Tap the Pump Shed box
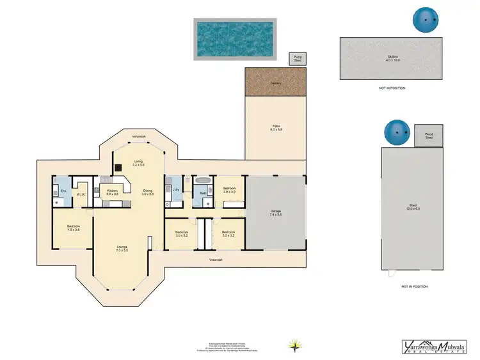click(297, 59)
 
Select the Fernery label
click(276, 82)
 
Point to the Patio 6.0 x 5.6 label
click(276, 129)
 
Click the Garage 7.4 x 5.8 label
click(276, 212)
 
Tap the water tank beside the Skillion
click(424, 20)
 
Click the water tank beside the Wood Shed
click(396, 132)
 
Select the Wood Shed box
click(429, 136)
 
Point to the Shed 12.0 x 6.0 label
click(413, 207)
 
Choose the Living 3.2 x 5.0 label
click(138, 163)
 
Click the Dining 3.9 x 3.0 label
click(148, 192)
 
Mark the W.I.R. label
click(81, 194)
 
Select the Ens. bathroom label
click(63, 190)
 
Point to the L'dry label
click(175, 190)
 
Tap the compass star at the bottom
click(294, 346)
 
